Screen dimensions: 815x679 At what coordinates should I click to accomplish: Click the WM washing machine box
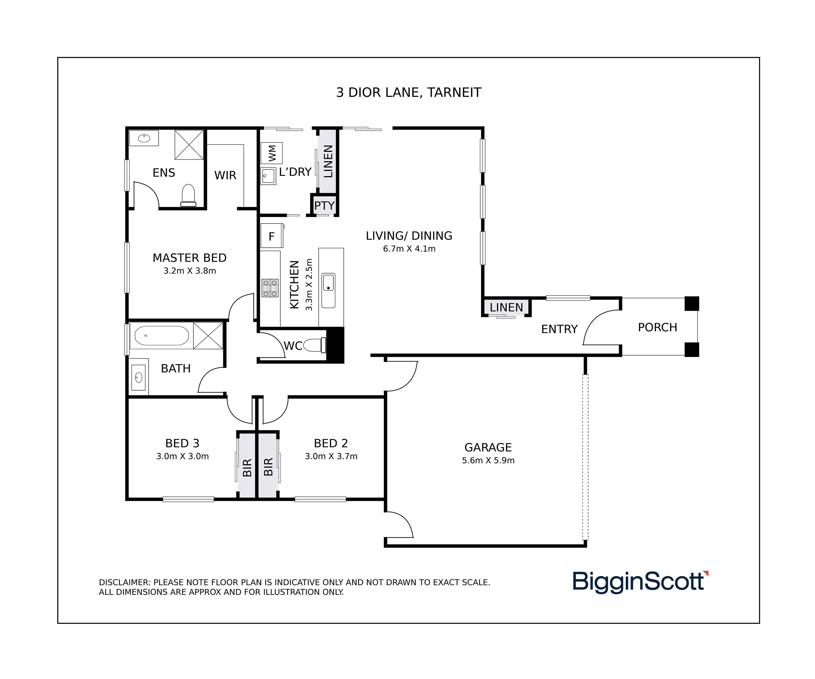click(271, 153)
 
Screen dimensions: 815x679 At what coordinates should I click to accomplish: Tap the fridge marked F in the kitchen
click(272, 235)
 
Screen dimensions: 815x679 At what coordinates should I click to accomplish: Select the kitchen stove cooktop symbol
click(270, 288)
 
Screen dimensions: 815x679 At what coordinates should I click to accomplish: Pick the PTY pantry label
click(324, 206)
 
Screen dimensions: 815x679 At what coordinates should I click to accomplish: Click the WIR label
click(225, 175)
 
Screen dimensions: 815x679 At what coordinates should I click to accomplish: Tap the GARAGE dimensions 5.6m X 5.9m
click(488, 461)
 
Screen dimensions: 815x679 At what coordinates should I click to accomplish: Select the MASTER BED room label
click(189, 258)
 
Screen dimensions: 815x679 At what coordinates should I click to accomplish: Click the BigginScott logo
click(640, 581)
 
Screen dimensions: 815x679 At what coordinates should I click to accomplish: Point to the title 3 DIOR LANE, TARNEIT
click(409, 93)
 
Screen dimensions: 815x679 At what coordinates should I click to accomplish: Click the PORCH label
click(657, 328)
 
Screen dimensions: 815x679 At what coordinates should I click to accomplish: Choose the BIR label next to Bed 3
click(247, 467)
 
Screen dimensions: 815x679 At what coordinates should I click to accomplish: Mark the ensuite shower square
click(189, 145)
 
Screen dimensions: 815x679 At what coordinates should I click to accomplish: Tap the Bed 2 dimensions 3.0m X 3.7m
click(331, 456)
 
